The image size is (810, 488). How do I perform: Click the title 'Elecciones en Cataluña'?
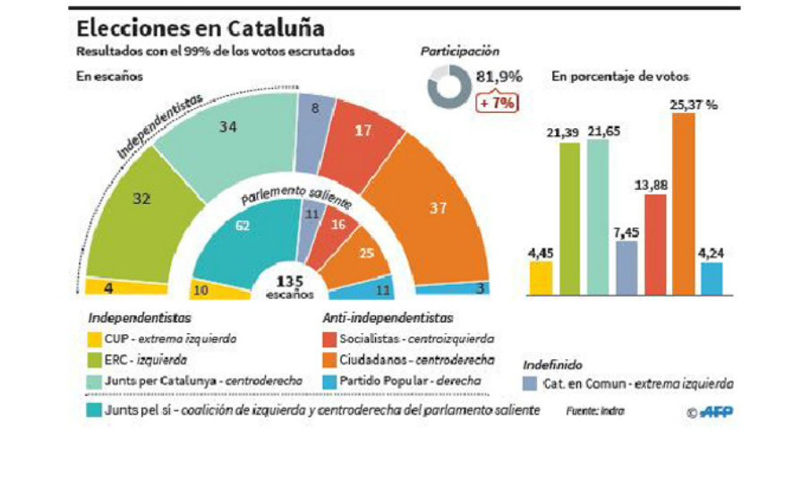coord(200,28)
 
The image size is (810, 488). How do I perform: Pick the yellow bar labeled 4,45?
coord(541,278)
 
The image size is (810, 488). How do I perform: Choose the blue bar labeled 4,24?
coord(712,278)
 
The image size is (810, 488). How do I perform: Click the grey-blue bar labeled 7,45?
coord(627,267)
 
